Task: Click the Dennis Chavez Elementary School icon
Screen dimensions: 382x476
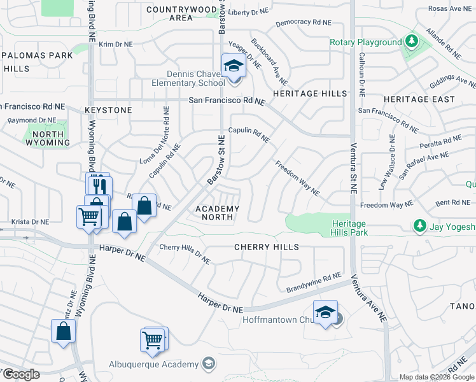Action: (234, 66)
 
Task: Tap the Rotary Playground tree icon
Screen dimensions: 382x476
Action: (412, 42)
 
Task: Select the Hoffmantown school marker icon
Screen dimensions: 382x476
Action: (325, 312)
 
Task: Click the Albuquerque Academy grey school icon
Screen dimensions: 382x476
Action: (207, 364)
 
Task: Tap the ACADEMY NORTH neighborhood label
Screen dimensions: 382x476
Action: (218, 213)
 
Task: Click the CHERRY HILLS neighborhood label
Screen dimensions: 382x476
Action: (266, 246)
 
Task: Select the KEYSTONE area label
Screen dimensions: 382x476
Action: (108, 110)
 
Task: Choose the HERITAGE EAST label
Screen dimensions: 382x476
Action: (419, 99)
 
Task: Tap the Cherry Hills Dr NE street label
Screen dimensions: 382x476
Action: (185, 254)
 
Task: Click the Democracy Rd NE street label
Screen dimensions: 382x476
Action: (304, 22)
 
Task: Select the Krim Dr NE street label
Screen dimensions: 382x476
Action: (115, 45)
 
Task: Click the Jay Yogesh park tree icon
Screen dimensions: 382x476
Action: (419, 226)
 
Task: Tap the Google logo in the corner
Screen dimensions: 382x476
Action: (20, 374)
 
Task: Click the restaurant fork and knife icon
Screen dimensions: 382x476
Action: (98, 185)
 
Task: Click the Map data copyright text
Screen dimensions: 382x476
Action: (437, 377)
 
